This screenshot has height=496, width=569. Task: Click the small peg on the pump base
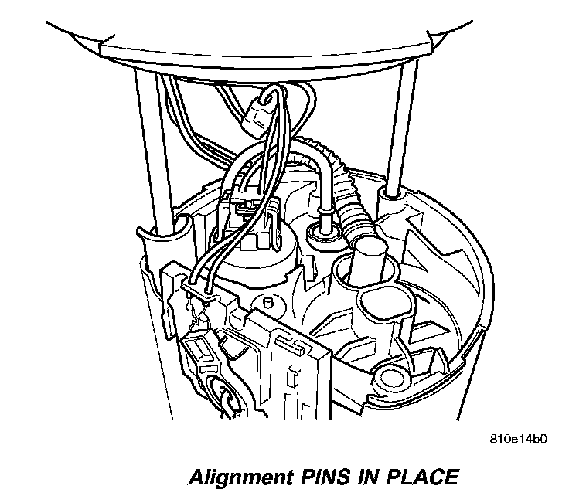click(x=267, y=302)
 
